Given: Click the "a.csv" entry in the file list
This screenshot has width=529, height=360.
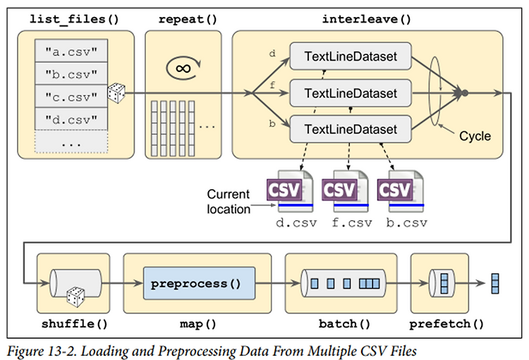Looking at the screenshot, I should pos(71,51).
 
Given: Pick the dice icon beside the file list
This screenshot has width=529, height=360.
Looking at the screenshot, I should pos(116,92).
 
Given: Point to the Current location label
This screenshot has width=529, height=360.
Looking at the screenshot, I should pos(228,201).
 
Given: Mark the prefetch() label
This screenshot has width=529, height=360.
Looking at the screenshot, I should pos(449,325).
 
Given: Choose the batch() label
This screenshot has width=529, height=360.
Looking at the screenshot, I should pos(343,325).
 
